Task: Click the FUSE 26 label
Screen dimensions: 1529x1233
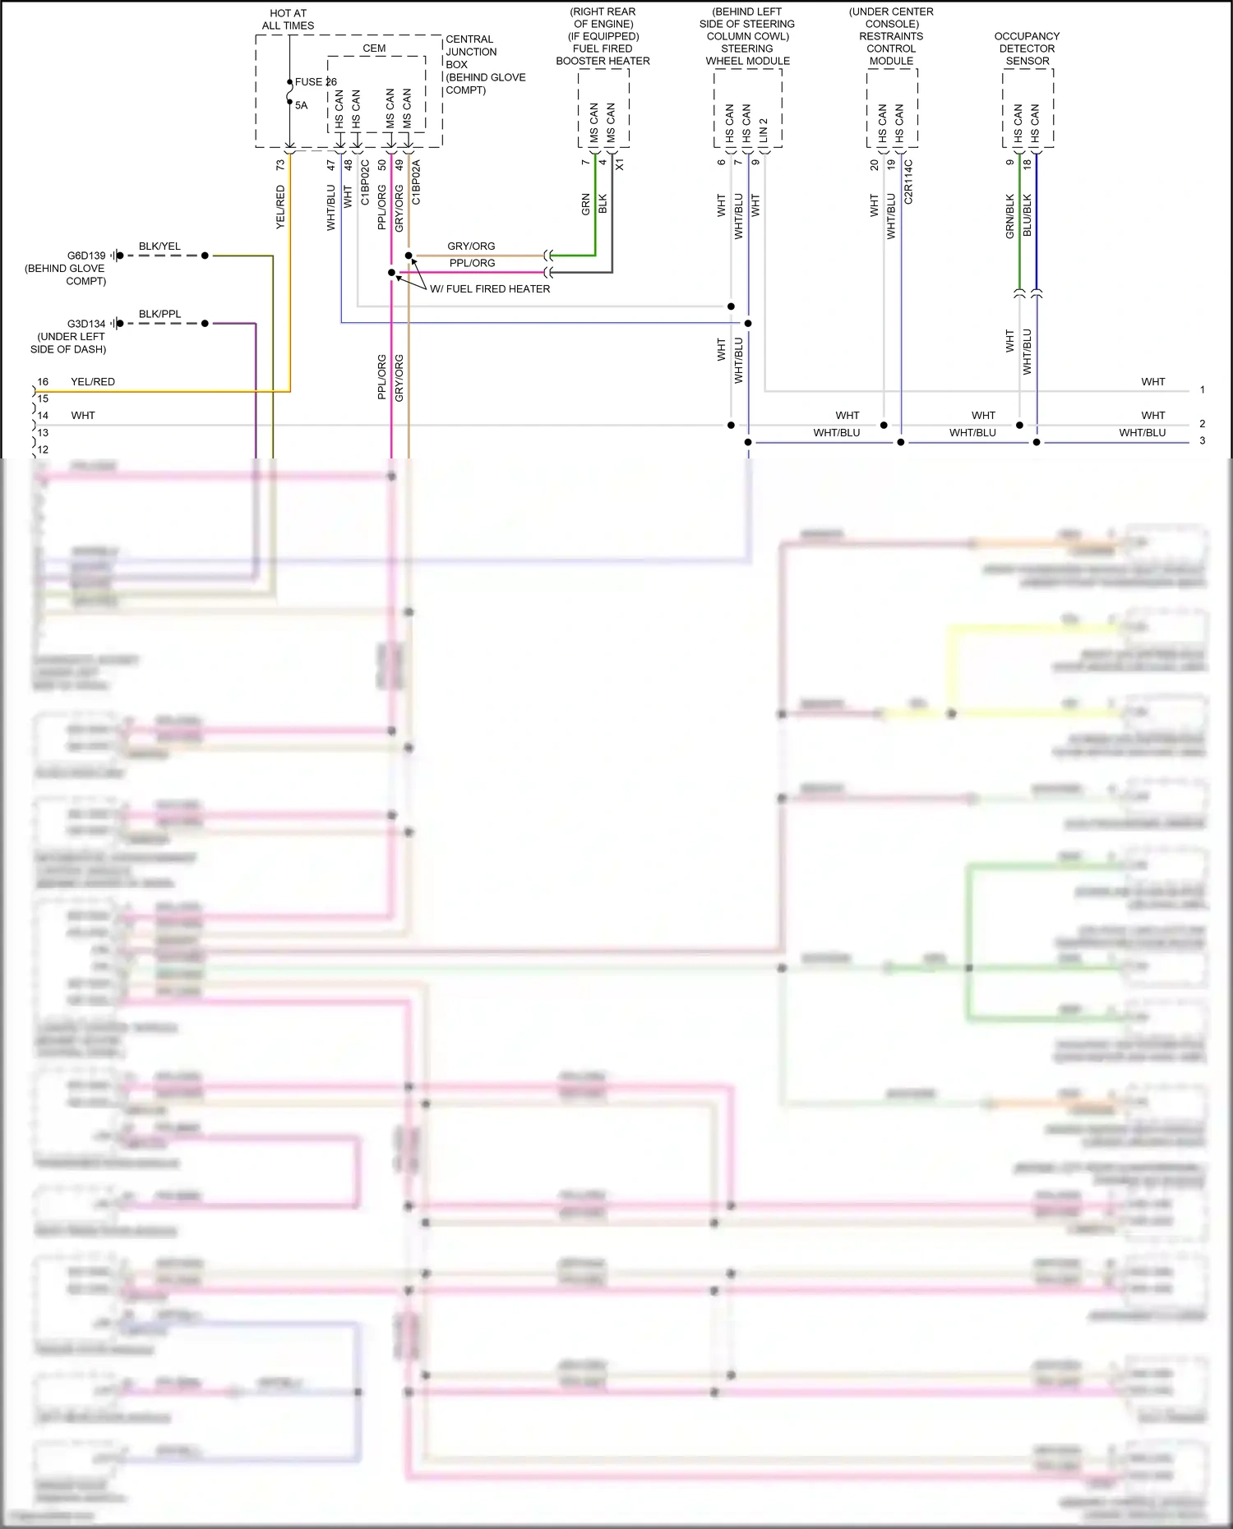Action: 316,81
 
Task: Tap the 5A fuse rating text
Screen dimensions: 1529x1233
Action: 301,105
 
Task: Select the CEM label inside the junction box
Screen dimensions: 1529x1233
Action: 374,48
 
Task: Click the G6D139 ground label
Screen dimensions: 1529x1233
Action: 86,256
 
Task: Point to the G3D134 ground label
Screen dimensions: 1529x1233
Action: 86,324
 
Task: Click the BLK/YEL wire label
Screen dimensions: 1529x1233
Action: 159,246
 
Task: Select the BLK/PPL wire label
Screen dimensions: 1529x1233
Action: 159,314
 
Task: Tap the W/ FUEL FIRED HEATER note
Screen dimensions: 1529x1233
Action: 490,288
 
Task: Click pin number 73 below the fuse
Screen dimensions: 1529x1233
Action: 280,164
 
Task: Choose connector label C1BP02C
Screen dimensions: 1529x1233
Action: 365,182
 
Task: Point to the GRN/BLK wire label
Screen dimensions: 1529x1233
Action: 1010,216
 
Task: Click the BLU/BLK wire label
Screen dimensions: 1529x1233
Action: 1027,215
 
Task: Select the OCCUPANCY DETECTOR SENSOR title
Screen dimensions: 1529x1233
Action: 1027,48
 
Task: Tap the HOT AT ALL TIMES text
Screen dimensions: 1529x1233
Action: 288,19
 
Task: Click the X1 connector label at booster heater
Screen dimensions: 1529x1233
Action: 620,164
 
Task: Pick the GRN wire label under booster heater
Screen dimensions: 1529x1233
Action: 585,205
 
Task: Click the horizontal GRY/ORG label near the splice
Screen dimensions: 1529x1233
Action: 471,246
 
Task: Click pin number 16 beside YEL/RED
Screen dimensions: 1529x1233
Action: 43,381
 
